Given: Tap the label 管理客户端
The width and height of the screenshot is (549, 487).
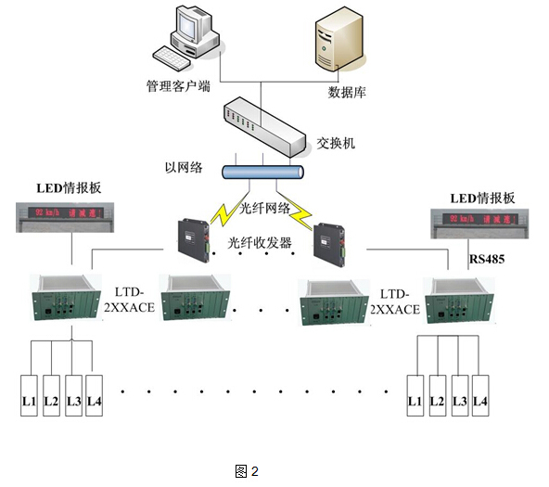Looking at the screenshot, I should (x=179, y=85).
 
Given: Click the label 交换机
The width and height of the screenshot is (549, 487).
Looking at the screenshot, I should (x=336, y=145).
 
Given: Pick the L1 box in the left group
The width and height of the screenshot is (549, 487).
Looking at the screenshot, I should (x=29, y=401).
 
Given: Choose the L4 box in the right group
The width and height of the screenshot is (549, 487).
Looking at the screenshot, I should (x=479, y=401).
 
